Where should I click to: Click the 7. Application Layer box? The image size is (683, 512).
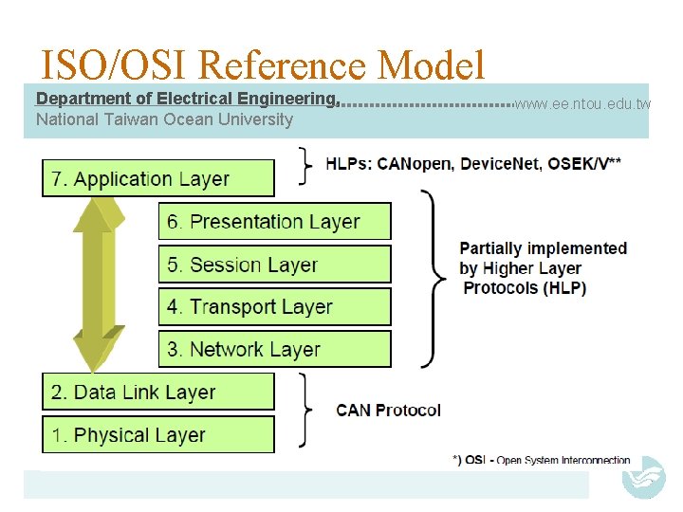click(x=157, y=178)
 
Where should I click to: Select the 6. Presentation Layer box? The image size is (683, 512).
click(x=274, y=221)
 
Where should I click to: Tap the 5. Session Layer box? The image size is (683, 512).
click(x=274, y=265)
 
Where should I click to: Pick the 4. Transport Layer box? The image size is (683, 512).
click(x=274, y=307)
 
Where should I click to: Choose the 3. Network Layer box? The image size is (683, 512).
click(x=274, y=349)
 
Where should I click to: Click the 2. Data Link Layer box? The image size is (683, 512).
click(x=157, y=392)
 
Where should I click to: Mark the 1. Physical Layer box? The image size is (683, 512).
click(x=157, y=434)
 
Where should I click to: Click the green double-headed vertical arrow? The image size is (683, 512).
click(x=99, y=284)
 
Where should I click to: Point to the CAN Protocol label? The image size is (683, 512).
click(x=388, y=411)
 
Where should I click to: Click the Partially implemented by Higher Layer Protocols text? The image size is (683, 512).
click(x=543, y=268)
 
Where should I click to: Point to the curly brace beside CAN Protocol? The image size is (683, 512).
click(x=305, y=410)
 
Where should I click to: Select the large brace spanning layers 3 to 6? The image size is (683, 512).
click(x=433, y=279)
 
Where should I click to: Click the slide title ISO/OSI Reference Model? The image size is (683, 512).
click(x=263, y=64)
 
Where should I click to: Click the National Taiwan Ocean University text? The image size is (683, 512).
click(x=164, y=119)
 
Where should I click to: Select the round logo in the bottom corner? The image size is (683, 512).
click(x=643, y=477)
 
